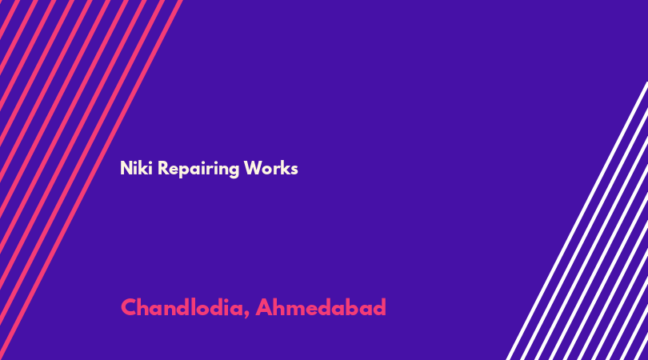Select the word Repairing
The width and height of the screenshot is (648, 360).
(198, 170)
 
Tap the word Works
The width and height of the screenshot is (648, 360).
(270, 168)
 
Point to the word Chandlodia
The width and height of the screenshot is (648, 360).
(182, 307)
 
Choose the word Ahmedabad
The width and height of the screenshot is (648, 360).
(321, 307)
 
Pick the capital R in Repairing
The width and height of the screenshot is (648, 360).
(163, 168)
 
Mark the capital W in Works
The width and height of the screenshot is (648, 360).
(253, 168)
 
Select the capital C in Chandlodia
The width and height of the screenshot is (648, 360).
(129, 307)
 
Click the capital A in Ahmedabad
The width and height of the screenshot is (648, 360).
(263, 307)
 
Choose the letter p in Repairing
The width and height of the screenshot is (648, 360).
(184, 170)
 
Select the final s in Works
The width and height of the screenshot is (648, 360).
(294, 170)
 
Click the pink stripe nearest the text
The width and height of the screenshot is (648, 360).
(90, 180)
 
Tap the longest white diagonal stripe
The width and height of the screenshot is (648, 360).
(578, 221)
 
